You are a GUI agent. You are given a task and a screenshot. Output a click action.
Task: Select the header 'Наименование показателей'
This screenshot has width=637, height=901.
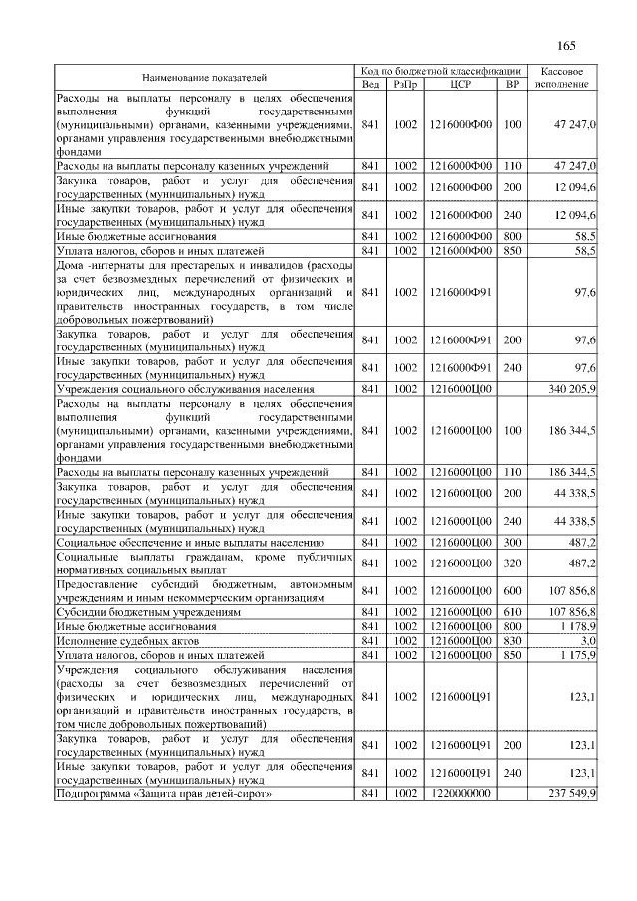(205, 77)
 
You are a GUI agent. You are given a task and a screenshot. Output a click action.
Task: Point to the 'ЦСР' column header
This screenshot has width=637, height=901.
(459, 84)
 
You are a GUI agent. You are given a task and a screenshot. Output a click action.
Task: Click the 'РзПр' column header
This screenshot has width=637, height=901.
(405, 84)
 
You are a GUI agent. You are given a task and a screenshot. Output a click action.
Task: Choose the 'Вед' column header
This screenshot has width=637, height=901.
(371, 84)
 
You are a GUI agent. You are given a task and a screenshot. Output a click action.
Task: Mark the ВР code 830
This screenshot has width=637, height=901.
(513, 642)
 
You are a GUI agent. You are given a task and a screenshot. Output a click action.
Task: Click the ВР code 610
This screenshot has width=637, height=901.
(513, 612)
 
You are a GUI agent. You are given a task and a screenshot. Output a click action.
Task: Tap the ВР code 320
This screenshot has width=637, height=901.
(513, 563)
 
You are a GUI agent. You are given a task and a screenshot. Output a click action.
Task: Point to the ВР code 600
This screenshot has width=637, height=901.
(513, 591)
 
